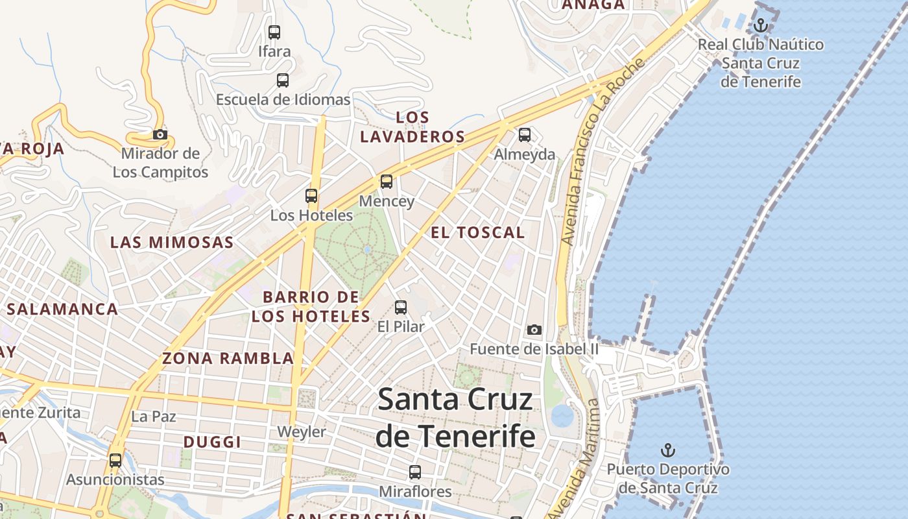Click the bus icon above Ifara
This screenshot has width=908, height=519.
(274, 32)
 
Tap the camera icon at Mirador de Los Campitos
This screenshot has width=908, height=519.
(160, 135)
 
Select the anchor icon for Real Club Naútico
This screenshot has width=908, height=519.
(761, 25)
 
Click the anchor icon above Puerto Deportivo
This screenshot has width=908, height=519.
(667, 450)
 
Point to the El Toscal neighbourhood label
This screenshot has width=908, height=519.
(477, 232)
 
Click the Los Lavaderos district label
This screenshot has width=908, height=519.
(412, 127)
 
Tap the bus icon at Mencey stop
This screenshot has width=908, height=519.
(387, 182)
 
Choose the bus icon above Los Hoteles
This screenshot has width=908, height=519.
(311, 195)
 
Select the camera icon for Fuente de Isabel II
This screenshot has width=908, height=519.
(534, 330)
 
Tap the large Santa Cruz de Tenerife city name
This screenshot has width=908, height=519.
(455, 417)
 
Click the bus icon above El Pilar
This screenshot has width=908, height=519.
(401, 307)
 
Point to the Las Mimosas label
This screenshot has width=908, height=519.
(172, 243)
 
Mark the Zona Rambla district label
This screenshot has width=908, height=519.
(228, 358)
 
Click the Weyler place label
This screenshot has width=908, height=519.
(302, 431)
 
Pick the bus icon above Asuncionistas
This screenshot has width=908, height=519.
(115, 460)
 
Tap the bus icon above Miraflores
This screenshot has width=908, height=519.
(415, 472)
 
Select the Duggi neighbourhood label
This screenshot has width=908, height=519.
(212, 442)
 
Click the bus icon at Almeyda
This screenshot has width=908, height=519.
(525, 135)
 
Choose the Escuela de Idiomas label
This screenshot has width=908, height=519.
(283, 99)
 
